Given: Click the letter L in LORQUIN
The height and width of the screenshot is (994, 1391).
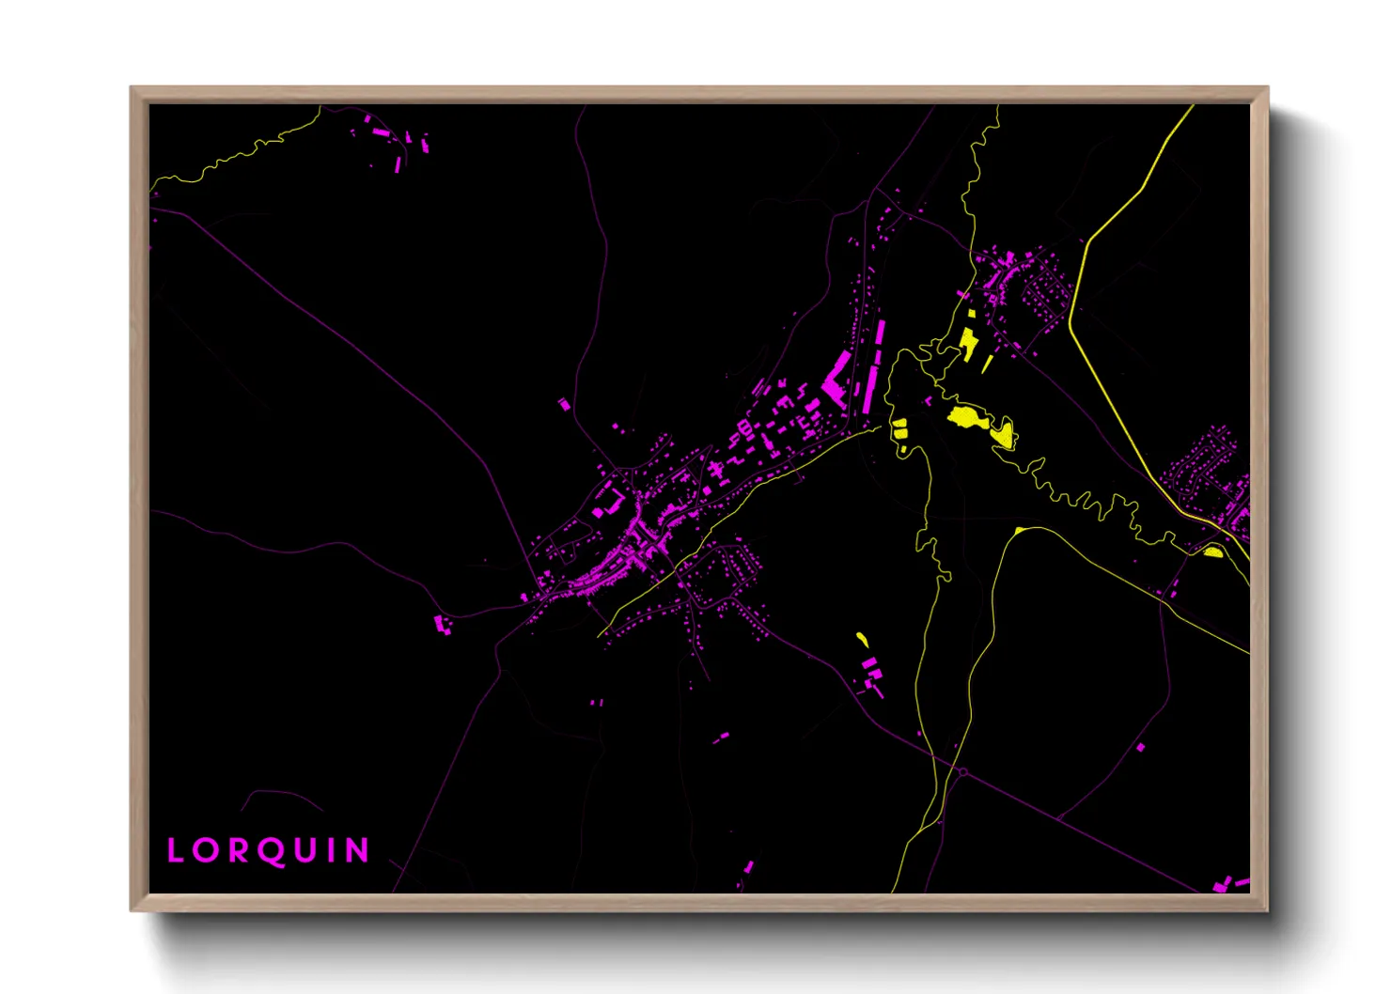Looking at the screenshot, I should click(x=176, y=851).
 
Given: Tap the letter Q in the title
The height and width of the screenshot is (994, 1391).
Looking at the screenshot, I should click(x=270, y=851).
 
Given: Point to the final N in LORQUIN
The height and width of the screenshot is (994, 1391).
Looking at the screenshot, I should click(x=357, y=851).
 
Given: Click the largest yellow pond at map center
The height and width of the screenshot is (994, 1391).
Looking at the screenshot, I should click(x=968, y=417).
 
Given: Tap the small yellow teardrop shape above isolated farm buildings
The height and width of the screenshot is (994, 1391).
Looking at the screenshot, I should click(x=862, y=640).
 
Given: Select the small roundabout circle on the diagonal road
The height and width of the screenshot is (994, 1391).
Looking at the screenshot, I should click(x=962, y=772).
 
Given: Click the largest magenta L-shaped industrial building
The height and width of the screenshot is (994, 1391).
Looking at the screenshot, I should click(x=835, y=381).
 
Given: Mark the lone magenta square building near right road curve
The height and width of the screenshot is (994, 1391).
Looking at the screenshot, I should click(x=1141, y=748).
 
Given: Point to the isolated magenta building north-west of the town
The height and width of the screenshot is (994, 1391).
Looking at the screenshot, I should click(x=564, y=404).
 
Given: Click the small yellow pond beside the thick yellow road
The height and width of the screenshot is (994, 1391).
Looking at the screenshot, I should click(x=1213, y=551).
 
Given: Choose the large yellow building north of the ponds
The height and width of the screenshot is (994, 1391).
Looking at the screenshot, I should click(x=968, y=343).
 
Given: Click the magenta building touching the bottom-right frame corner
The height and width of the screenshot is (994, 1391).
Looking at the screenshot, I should click(x=1222, y=885).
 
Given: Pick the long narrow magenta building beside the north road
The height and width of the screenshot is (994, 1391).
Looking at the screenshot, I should click(x=881, y=334).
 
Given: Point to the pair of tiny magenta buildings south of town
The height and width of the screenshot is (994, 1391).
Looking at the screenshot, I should click(x=596, y=702).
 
